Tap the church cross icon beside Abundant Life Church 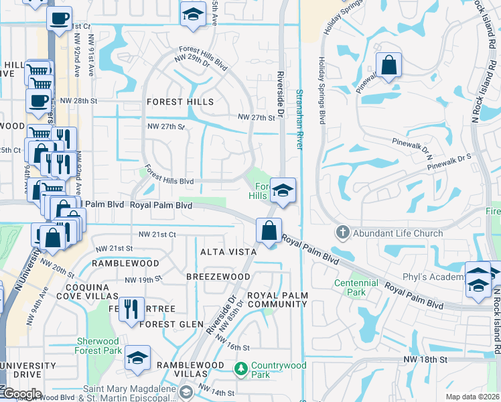point(342,232)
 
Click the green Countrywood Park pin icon point(240,368)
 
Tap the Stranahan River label point(299,121)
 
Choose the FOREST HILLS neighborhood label point(180,102)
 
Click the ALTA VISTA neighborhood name point(228,251)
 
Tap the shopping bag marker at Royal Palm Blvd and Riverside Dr point(269,231)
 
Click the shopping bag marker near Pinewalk point(388,66)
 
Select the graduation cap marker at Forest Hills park point(283,191)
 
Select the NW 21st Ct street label point(157,234)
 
